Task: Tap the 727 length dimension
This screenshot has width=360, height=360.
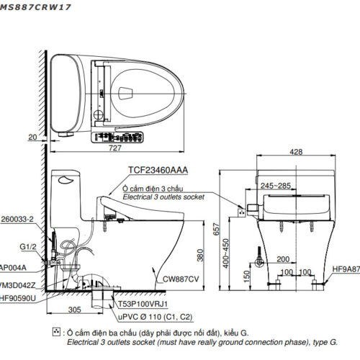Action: [x=114, y=148]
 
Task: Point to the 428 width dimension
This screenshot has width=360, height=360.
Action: [x=296, y=153]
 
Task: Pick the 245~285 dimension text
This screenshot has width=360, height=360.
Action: [x=276, y=186]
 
